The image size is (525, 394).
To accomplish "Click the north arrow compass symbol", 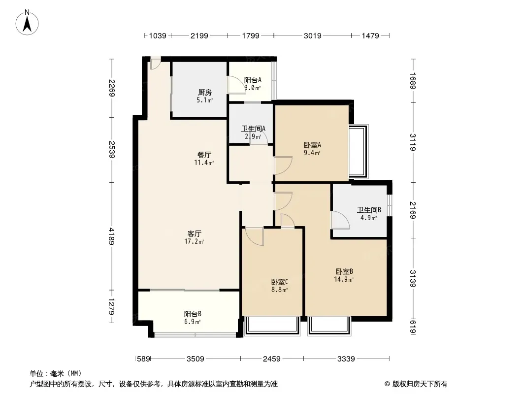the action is click(x=27, y=23).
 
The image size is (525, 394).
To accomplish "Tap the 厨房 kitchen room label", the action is click(x=204, y=93).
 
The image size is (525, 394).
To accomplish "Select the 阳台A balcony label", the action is click(x=253, y=80).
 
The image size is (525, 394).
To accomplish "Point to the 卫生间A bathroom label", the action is click(x=254, y=129).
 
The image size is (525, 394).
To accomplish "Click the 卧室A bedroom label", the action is click(x=312, y=145).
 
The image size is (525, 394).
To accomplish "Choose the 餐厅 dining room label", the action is click(x=204, y=155).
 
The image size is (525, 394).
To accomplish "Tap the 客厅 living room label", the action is click(x=194, y=233).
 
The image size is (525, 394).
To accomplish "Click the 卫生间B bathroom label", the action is click(x=369, y=210).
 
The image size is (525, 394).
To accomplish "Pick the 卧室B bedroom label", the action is click(x=344, y=271).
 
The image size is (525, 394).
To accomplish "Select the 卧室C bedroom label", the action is click(x=280, y=282).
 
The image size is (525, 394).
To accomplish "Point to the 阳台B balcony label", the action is click(x=193, y=314).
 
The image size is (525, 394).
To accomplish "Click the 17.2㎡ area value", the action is click(x=194, y=242).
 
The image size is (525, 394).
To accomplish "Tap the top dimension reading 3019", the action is click(x=312, y=35).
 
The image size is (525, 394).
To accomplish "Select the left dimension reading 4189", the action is click(x=111, y=236).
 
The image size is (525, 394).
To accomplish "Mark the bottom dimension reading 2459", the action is click(x=271, y=359).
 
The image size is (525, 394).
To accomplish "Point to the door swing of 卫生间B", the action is click(x=340, y=220).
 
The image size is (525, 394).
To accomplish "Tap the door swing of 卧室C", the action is click(x=255, y=236).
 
